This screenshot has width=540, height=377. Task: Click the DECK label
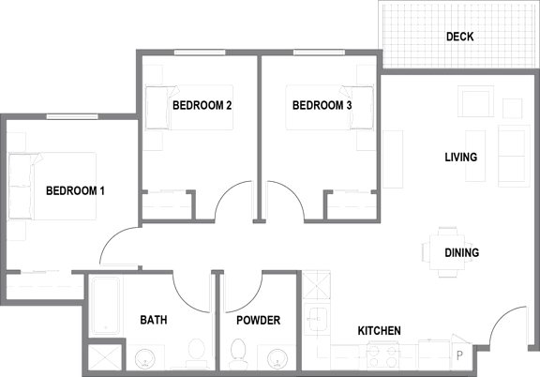tap(459, 37)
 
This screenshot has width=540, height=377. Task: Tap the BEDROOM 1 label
tap(75, 190)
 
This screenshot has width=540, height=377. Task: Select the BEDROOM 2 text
tap(202, 105)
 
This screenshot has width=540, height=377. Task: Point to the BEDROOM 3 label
tap(322, 105)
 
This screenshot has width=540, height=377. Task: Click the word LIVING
tap(461, 158)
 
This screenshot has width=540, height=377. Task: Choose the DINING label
tap(462, 252)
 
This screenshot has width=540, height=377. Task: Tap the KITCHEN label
tap(379, 331)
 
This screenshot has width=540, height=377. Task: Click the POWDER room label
tap(259, 320)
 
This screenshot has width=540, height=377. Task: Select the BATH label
tap(154, 320)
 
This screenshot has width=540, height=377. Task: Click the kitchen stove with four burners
tap(382, 355)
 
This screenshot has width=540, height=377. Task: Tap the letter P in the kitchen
tap(459, 355)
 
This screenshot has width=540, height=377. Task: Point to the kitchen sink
tap(317, 319)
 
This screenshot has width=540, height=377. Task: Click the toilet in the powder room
tap(237, 354)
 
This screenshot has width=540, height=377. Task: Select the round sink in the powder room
tap(277, 359)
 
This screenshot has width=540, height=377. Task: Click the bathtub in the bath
tap(106, 306)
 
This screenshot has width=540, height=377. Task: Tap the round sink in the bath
tap(144, 359)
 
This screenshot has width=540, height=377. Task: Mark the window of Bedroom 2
tap(200, 53)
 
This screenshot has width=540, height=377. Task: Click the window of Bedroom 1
tap(72, 116)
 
